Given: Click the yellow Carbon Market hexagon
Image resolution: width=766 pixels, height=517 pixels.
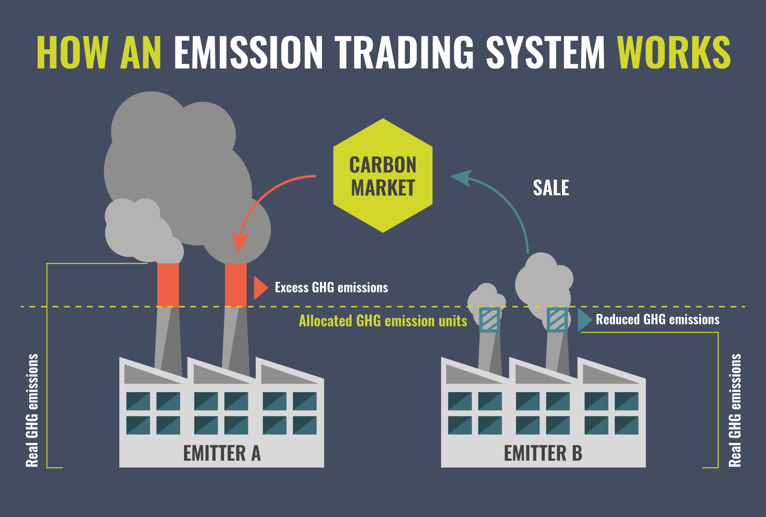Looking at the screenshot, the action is [383, 175].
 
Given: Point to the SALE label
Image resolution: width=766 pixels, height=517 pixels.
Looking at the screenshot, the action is [551, 188].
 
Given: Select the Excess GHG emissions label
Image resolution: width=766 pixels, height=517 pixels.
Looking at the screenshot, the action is [331, 287].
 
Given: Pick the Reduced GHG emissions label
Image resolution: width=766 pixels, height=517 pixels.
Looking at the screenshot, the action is [658, 319].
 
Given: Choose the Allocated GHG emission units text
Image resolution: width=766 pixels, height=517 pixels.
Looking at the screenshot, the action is [383, 321].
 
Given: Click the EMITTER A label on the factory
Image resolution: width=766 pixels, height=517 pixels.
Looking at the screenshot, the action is [222, 453].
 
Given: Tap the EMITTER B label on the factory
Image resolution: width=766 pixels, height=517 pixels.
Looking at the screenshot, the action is [543, 453].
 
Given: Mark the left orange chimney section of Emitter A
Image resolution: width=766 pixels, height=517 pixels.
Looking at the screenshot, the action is [168, 285].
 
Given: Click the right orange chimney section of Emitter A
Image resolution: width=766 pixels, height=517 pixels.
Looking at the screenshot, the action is [236, 285].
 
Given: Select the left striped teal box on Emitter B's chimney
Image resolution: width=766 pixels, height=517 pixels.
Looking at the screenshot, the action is [490, 320].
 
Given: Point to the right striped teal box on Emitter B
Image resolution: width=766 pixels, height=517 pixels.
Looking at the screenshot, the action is [557, 320].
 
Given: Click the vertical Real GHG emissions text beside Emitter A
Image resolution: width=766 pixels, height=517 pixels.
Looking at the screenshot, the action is [32, 410].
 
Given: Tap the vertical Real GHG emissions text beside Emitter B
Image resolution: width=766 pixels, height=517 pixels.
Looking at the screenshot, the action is [735, 410].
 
